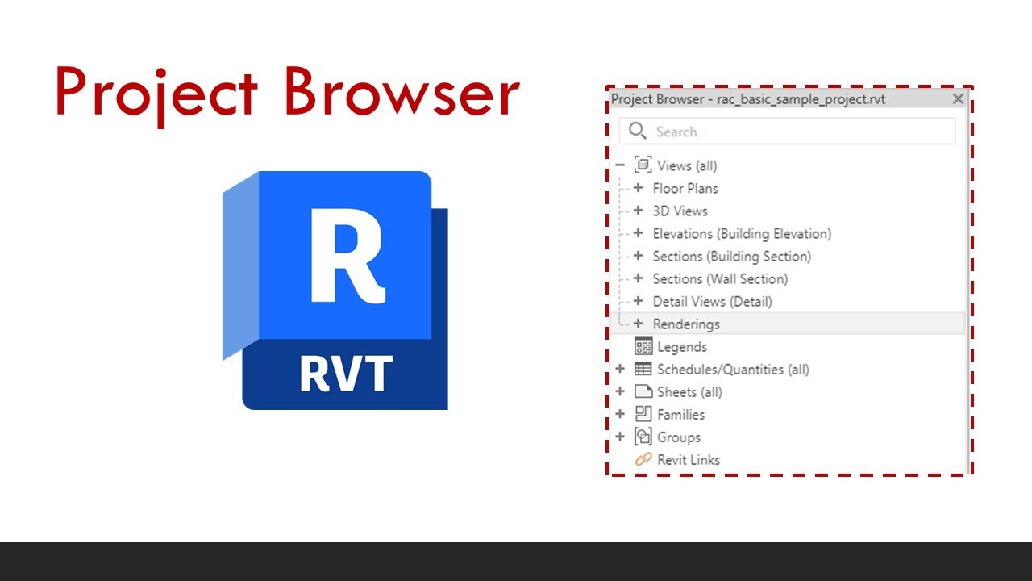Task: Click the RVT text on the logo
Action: point(346,374)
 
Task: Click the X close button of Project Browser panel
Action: point(958,98)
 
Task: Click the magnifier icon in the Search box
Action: point(638,131)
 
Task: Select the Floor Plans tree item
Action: point(685,188)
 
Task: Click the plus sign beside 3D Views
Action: point(638,211)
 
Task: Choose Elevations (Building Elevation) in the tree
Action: point(741,233)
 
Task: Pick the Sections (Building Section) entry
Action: point(731,256)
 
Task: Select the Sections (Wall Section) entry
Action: point(720,278)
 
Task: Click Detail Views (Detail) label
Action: point(712,301)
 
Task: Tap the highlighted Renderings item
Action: point(686,324)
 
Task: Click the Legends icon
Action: point(643,346)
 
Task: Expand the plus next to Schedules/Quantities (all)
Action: point(620,369)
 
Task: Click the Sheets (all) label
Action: point(689,391)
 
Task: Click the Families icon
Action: point(643,414)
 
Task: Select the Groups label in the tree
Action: point(679,437)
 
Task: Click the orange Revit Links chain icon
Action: point(643,459)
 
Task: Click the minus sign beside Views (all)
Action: point(620,165)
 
